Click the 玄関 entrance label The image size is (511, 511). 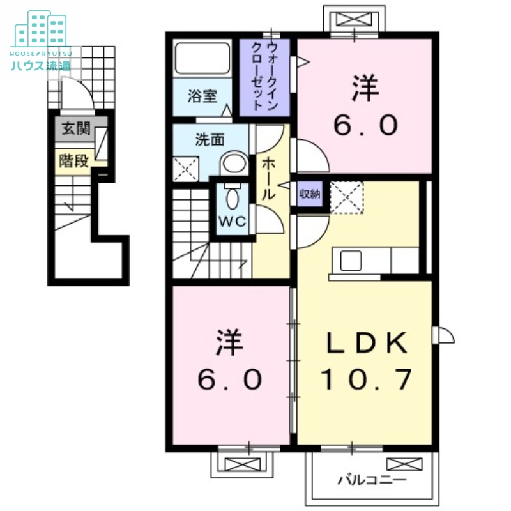tap(75, 130)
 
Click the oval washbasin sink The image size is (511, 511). tap(234, 164)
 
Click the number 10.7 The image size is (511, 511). tap(365, 381)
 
